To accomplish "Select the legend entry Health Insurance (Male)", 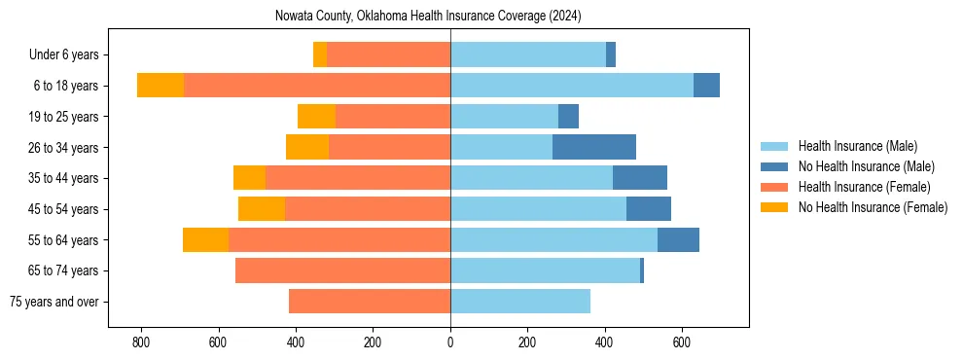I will tap(857, 146).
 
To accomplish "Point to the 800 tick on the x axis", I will tap(141, 342).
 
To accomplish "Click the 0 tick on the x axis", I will tap(450, 342).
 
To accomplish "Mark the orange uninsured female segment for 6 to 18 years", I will tap(160, 86).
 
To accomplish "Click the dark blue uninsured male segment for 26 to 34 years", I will tap(594, 147).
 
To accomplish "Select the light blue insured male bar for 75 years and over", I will tap(520, 302).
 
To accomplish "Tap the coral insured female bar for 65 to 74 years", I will tap(342, 270).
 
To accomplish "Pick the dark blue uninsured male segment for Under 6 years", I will tap(611, 54).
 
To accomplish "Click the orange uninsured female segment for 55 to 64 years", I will tap(205, 239).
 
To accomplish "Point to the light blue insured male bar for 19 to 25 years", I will tap(504, 117).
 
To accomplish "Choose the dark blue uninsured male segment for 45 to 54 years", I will tap(649, 209).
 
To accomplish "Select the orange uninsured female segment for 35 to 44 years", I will tap(249, 178).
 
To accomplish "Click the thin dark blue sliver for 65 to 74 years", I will tap(642, 270).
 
